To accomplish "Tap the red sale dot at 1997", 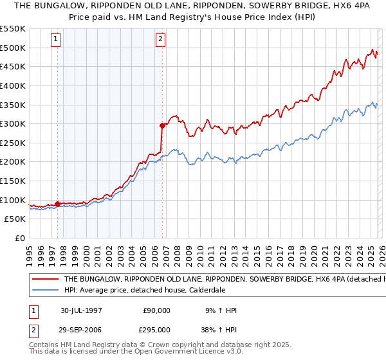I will tap(58, 204).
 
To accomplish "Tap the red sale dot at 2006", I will tap(162, 126).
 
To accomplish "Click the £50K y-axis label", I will tap(15, 219).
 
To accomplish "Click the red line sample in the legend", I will tap(44, 280).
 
